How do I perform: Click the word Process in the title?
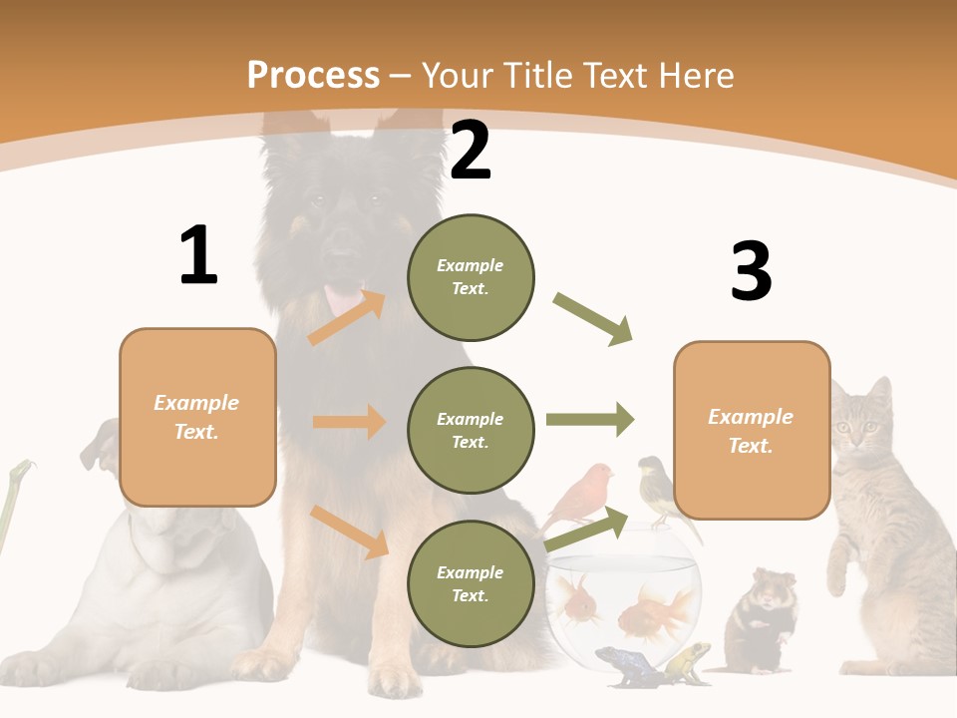click(313, 75)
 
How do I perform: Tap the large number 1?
click(198, 256)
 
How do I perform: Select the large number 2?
click(471, 152)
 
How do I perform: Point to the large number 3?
click(751, 271)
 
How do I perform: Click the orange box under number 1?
click(197, 417)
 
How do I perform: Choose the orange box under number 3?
click(752, 430)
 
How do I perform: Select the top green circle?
click(471, 276)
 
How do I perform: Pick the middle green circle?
click(471, 430)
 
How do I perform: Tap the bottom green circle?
click(471, 583)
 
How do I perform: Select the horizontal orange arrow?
click(349, 422)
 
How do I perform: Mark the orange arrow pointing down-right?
click(349, 532)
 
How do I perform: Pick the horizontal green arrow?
click(590, 419)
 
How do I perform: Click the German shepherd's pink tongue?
click(344, 296)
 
